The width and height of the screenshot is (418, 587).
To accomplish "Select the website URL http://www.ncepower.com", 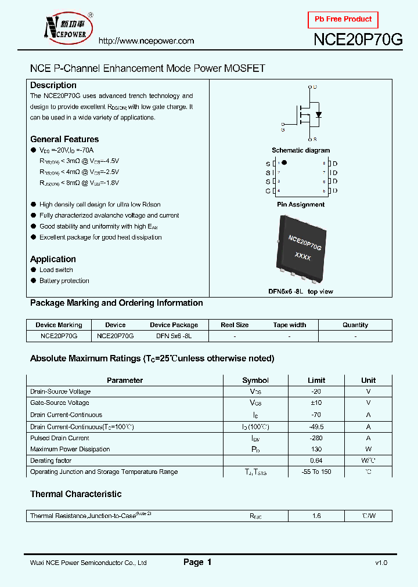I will click(146, 41).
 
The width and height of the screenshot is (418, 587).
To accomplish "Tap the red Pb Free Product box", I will click(343, 20).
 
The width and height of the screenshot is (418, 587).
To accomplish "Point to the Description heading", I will click(53, 85).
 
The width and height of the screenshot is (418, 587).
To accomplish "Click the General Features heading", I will click(64, 139).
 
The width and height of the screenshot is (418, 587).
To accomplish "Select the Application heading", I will click(53, 259).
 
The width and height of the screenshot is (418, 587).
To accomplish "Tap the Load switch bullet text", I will click(56, 270).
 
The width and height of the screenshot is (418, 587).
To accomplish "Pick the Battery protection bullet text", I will click(64, 281).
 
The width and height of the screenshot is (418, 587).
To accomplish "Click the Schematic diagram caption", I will click(301, 150).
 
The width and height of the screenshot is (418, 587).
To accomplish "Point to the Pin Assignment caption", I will click(301, 204).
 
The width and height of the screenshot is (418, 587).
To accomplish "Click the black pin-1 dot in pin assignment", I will click(284, 163).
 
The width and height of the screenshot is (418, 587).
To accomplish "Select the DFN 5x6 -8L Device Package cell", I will click(174, 336).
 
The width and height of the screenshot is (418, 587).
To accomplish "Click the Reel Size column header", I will click(235, 325).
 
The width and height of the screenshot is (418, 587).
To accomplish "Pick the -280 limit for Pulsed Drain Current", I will click(316, 438).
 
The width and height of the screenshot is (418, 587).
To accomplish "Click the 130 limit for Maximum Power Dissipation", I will click(316, 449).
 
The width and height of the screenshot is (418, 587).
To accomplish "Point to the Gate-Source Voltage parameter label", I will click(60, 403).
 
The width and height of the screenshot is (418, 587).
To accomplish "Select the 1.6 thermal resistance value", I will click(316, 516).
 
